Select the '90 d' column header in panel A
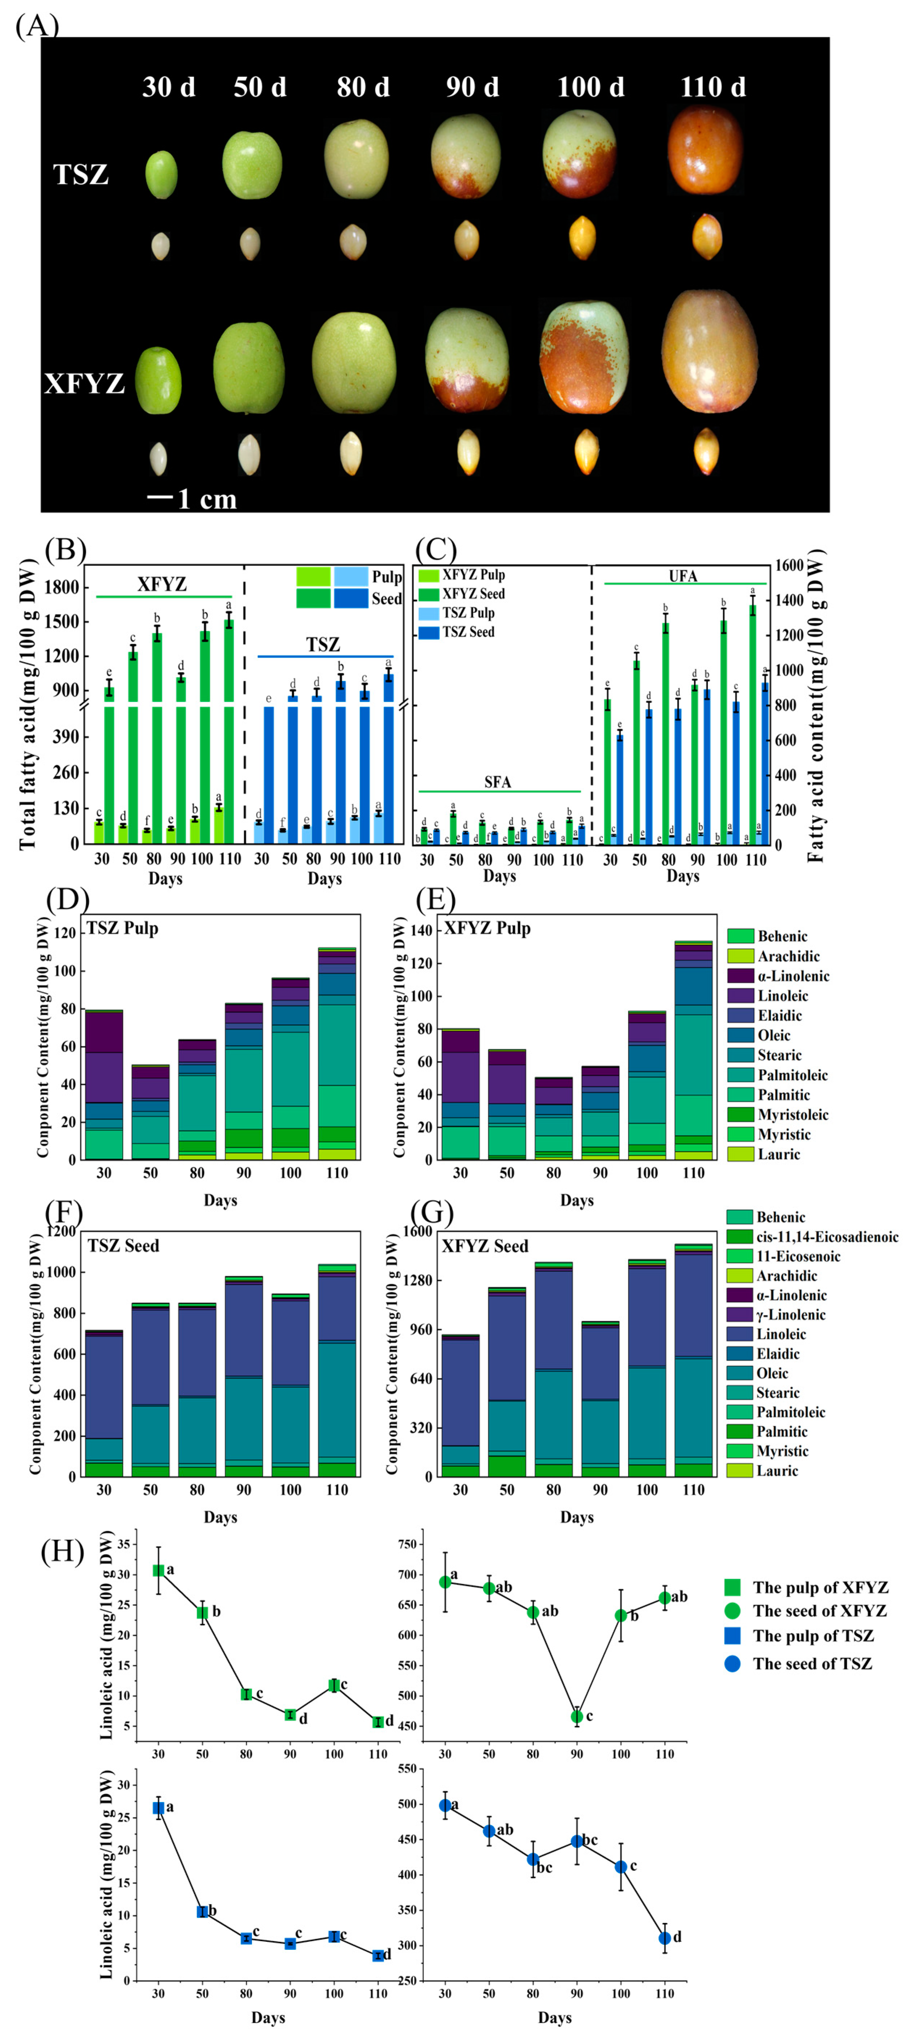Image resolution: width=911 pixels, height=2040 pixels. (472, 87)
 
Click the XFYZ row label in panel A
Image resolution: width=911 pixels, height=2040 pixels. (84, 383)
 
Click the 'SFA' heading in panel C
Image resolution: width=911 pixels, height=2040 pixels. (498, 782)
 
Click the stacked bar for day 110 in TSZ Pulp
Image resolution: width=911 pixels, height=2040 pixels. (337, 1053)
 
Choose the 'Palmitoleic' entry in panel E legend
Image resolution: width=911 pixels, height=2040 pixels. (792, 1075)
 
